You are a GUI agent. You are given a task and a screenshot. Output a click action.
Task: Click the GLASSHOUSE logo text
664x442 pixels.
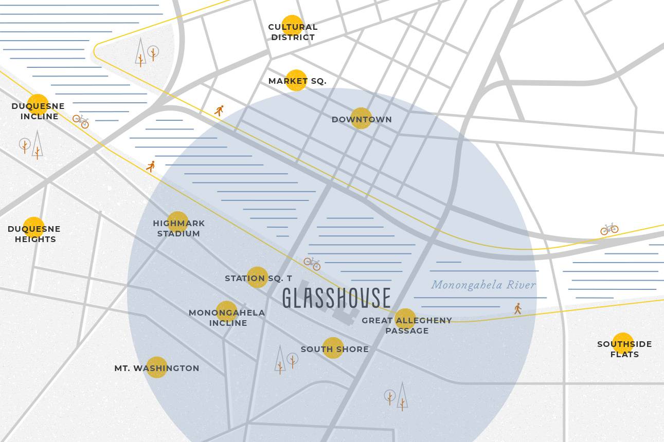(x=336, y=298)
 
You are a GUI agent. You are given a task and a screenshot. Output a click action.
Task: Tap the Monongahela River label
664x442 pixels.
(x=483, y=285)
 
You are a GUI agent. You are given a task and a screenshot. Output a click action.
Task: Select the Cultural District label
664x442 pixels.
(x=293, y=32)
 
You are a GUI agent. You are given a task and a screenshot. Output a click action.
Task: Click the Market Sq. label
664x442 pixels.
(x=297, y=81)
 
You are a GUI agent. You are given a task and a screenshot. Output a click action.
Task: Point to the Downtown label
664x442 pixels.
(x=362, y=119)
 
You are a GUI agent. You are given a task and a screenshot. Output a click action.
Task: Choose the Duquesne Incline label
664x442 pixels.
(x=39, y=111)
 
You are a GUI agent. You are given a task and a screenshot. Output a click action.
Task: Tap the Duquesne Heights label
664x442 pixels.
(x=34, y=234)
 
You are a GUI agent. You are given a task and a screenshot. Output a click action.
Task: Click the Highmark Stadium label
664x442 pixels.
(x=178, y=228)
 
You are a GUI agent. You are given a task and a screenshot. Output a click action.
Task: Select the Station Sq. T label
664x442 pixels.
(x=258, y=278)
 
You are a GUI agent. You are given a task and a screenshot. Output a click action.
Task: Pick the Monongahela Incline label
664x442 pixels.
(x=227, y=318)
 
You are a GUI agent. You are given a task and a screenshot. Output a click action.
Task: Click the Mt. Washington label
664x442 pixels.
(x=157, y=368)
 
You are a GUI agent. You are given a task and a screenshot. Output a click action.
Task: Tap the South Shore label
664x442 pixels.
(x=334, y=349)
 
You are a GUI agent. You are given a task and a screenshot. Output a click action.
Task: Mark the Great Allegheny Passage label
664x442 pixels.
(x=406, y=325)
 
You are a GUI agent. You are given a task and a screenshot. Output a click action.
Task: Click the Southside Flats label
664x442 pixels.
(x=624, y=349)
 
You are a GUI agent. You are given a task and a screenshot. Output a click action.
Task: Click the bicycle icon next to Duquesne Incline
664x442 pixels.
(x=81, y=121)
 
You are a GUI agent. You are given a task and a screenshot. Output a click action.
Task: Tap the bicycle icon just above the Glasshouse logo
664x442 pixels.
(x=312, y=264)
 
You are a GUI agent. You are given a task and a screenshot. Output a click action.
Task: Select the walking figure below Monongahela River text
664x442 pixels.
(x=517, y=308)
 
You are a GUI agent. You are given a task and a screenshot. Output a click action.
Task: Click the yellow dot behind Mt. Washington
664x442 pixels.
(x=156, y=367)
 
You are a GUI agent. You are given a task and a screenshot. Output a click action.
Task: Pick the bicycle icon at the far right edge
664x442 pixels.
(x=609, y=229)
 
